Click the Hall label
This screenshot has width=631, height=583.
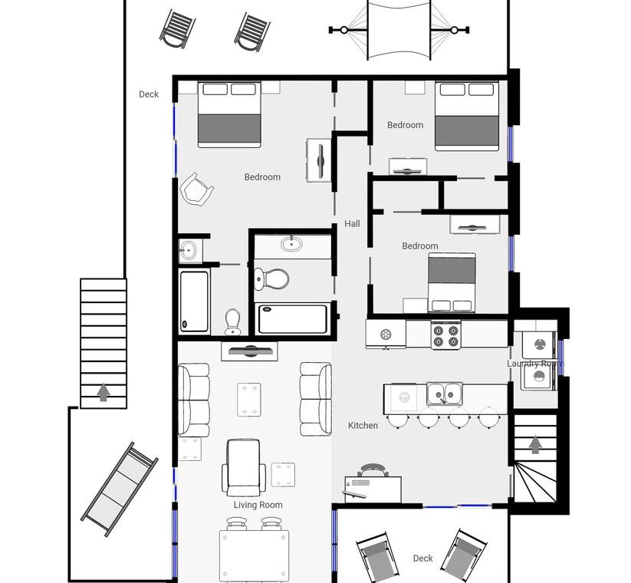(x=352, y=223)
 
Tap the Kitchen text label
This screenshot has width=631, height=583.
(x=363, y=425)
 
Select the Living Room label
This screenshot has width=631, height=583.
(x=258, y=505)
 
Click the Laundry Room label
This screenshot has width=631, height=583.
(x=535, y=364)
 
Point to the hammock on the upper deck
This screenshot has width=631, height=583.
(x=399, y=30)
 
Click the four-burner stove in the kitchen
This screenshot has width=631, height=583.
(x=446, y=335)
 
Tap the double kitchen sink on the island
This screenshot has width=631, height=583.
(x=444, y=394)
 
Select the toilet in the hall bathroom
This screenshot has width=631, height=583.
(x=271, y=278)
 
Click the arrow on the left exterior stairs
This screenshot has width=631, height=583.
(x=104, y=392)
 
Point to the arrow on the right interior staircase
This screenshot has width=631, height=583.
(x=535, y=445)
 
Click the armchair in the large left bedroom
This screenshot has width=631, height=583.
(x=196, y=190)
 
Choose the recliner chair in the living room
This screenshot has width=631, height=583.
(x=244, y=468)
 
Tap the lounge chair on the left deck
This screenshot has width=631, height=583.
(x=120, y=489)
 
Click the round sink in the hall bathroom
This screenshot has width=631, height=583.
(x=291, y=244)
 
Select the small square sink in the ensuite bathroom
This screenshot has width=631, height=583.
(x=188, y=250)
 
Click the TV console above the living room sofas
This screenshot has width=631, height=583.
(x=249, y=351)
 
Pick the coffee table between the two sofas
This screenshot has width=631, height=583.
(x=249, y=400)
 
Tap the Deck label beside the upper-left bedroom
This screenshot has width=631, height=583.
(x=149, y=94)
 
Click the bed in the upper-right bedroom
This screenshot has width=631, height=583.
(x=467, y=116)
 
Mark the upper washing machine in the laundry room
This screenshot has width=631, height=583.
(x=539, y=344)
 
